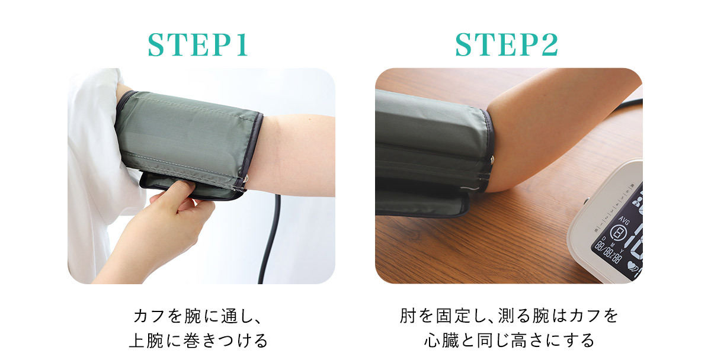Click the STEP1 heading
coord(197,45)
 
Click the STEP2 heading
coord(507,45)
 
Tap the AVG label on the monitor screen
coord(623,220)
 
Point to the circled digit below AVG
coord(618,233)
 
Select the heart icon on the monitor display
coord(632,265)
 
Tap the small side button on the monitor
coord(585,201)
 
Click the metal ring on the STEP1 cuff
coord(245,179)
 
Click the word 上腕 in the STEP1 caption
coord(146,340)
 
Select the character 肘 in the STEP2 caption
coord(408,316)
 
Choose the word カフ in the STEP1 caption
coord(149,316)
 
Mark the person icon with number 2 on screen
coord(637,202)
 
